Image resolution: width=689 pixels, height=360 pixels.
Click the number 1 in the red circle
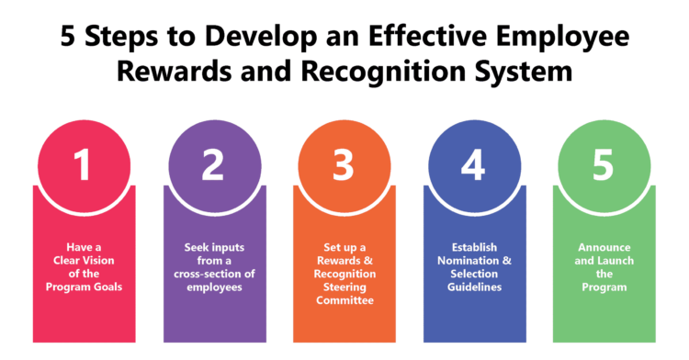(83, 165)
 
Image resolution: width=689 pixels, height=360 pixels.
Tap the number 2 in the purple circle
(213, 165)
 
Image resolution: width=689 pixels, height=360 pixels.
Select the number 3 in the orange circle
(343, 165)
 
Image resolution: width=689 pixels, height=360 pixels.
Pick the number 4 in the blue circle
(473, 165)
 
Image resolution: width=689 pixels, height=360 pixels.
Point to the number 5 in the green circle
(603, 165)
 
